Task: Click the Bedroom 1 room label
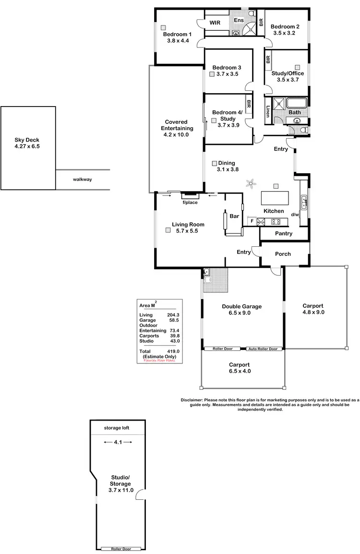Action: [177, 37]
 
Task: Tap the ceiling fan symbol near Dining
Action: [250, 182]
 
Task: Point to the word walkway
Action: [82, 179]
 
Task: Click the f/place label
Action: [190, 202]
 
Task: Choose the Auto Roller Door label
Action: [262, 349]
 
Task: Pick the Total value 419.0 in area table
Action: [173, 351]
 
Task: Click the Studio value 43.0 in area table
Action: [175, 341]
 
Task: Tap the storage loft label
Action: [117, 428]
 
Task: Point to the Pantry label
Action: [284, 233]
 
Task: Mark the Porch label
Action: [283, 253]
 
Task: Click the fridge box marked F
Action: [251, 221]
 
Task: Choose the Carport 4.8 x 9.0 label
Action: [313, 309]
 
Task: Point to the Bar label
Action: [234, 217]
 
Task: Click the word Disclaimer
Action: [192, 399]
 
